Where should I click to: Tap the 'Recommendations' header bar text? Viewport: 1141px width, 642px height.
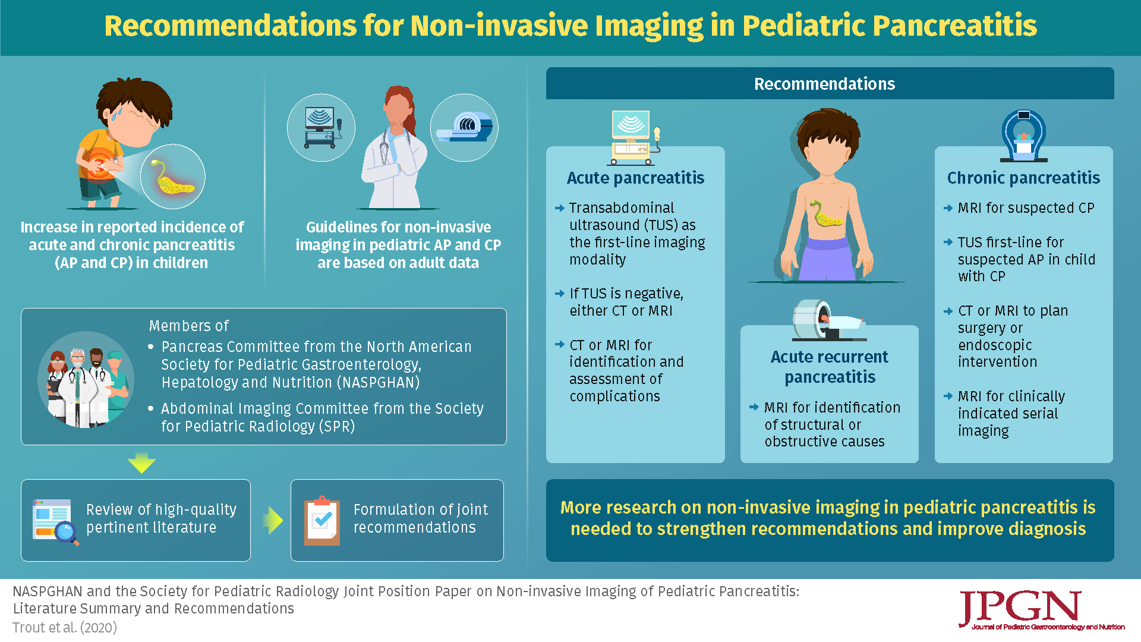point(824,84)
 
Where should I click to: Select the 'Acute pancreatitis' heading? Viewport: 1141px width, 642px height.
point(635,178)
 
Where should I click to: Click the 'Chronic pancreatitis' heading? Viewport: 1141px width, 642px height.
point(1023,178)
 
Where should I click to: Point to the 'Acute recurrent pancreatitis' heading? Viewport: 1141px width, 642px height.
point(830,367)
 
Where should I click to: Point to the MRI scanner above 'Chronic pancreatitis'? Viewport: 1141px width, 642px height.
point(1023,136)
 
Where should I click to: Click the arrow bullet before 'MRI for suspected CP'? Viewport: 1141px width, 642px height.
point(948,208)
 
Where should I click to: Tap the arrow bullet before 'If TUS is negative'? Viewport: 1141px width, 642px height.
point(559,294)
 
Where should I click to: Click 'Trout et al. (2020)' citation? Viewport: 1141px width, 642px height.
point(65,628)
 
